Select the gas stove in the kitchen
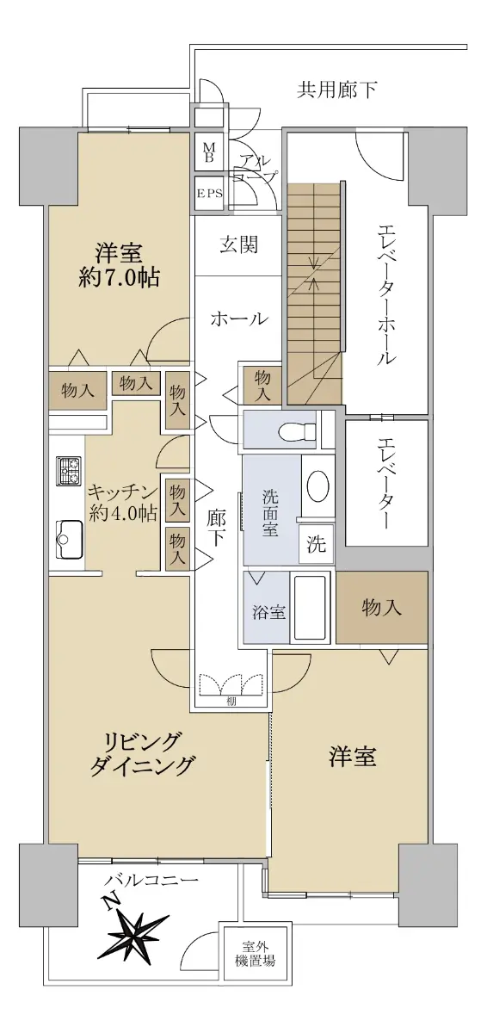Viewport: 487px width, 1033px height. click(x=69, y=470)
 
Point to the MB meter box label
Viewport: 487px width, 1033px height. click(x=209, y=152)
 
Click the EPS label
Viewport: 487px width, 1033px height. click(x=210, y=194)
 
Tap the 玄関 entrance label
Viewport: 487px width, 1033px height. click(x=238, y=244)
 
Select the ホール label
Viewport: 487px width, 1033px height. click(x=238, y=319)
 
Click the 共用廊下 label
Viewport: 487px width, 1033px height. click(x=336, y=90)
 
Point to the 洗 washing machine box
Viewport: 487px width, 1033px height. click(x=316, y=544)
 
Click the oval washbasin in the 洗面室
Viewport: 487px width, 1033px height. click(x=318, y=486)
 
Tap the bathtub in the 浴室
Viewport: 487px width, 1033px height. click(x=310, y=606)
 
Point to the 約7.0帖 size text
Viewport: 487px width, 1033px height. click(x=120, y=278)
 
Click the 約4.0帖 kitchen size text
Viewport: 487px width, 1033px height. click(x=123, y=513)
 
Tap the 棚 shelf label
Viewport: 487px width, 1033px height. click(x=231, y=702)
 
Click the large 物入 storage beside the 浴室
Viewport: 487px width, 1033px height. click(x=382, y=608)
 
